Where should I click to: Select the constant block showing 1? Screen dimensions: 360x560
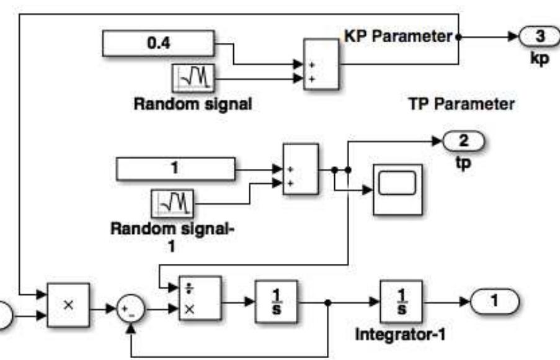point(176,168)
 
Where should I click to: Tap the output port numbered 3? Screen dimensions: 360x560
point(539,37)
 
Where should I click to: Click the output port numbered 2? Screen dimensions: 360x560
point(464,142)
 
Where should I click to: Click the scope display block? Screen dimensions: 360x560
point(396,189)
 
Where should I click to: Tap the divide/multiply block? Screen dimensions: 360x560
point(199,299)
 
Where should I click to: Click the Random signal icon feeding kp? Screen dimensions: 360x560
point(192,78)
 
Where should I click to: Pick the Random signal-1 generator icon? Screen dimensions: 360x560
point(173,202)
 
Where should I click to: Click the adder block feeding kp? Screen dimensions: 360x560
point(321,65)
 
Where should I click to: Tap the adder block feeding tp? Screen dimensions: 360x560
point(300,169)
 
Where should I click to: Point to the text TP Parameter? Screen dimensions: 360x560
point(461,104)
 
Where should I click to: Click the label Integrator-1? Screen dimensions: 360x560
point(399,336)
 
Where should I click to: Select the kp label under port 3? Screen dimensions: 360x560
point(540,61)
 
